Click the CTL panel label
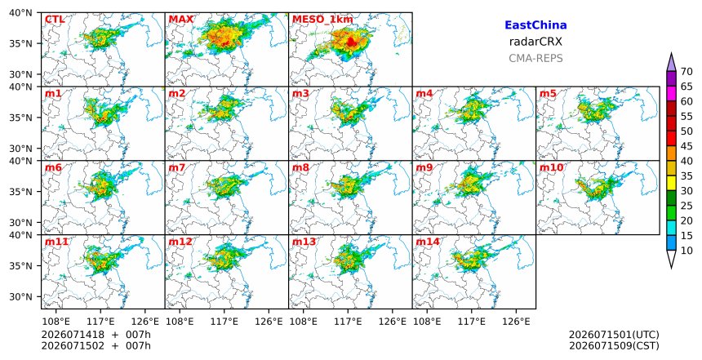click(x=55, y=20)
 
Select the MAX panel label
click(x=181, y=20)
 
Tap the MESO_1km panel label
click(x=322, y=20)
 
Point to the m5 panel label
click(x=548, y=94)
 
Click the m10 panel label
click(x=551, y=167)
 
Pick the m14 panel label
click(x=428, y=242)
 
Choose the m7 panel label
click(x=177, y=167)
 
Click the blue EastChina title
click(x=535, y=25)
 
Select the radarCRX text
click(x=535, y=42)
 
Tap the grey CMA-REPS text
click(x=535, y=58)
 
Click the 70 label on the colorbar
click(x=686, y=72)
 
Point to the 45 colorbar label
click(x=686, y=146)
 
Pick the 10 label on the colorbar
click(x=686, y=251)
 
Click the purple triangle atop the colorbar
click(x=671, y=63)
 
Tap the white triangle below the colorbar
click(x=671, y=258)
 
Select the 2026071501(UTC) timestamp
click(x=614, y=335)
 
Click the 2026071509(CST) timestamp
click(x=614, y=345)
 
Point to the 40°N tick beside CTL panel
click(x=20, y=13)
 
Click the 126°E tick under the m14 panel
click(x=516, y=322)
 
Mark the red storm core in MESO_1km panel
click(x=352, y=42)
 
